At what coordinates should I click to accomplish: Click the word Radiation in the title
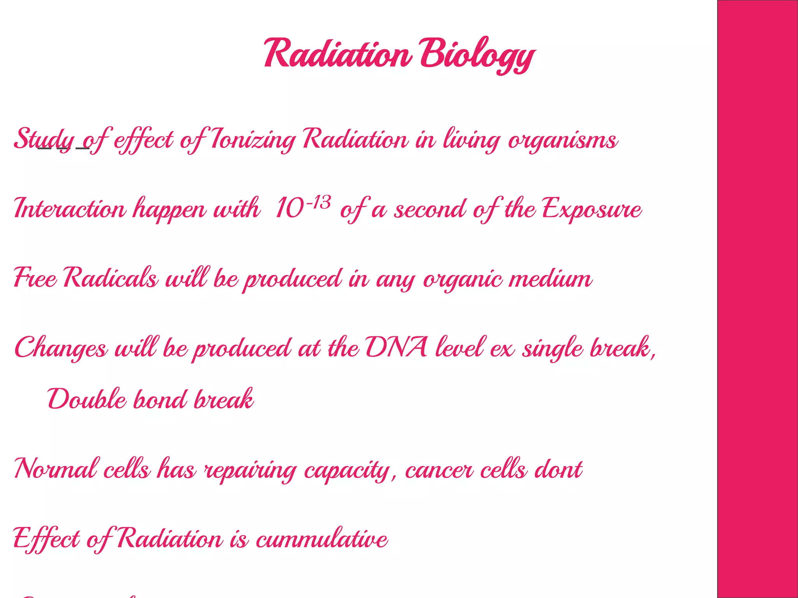(x=337, y=54)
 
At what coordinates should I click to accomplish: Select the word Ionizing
(x=253, y=139)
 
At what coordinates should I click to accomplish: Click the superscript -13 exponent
(x=319, y=203)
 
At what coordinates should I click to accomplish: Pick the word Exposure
(x=591, y=209)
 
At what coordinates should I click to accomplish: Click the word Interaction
(x=70, y=209)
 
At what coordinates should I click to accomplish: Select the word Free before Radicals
(x=35, y=278)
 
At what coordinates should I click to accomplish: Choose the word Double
(x=87, y=399)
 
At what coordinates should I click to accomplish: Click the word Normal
(x=55, y=469)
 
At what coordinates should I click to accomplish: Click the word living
(x=471, y=139)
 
